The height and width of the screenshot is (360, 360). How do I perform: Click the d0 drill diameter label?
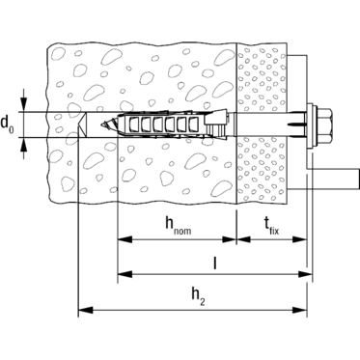7,125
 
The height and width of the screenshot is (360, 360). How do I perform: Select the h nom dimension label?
178,225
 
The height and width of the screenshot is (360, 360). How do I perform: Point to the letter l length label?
215,262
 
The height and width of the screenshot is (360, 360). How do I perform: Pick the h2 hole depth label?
199,296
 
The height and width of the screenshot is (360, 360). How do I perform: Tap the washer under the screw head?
311,125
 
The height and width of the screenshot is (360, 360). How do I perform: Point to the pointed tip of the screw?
102,125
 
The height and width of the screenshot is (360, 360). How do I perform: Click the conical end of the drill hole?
82,125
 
